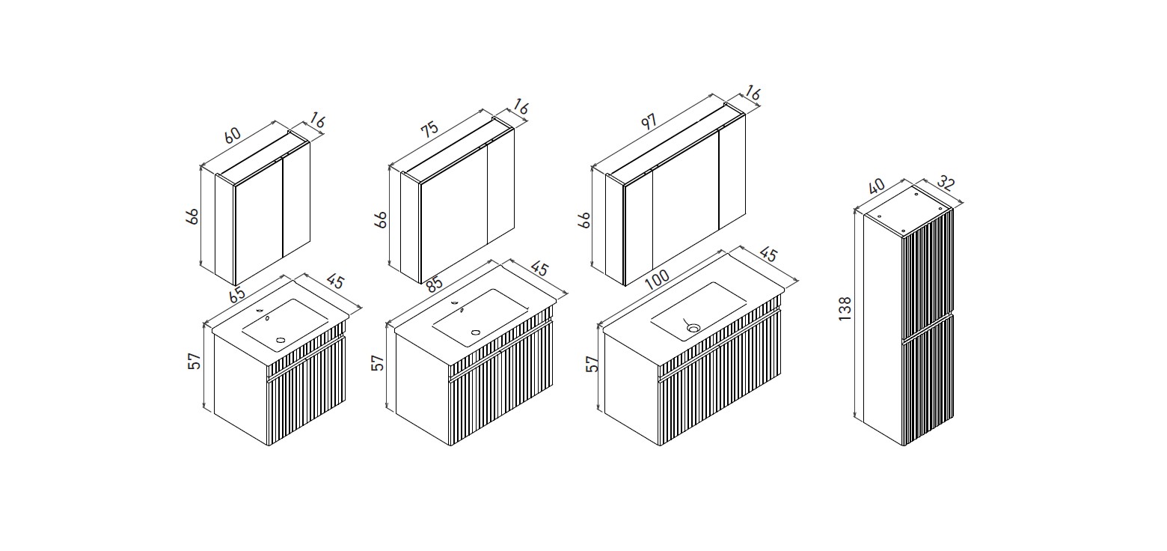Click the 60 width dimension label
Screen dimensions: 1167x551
[x=233, y=135]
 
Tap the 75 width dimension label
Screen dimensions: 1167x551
[x=430, y=130]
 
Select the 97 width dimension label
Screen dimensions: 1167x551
[x=649, y=121]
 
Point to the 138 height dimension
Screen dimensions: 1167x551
[x=845, y=308]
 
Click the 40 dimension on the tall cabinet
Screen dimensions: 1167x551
[x=877, y=186]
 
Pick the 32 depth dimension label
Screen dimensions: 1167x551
[x=946, y=182]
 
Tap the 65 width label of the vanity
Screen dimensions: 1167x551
[x=237, y=294]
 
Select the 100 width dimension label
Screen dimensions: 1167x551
[x=657, y=280]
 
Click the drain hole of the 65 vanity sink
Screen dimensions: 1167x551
[x=281, y=341]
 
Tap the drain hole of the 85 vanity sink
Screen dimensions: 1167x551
[x=476, y=332]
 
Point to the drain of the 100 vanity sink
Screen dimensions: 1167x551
[x=693, y=328]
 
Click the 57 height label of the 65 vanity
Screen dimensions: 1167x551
[x=194, y=362]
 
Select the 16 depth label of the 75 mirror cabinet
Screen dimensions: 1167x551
[x=521, y=107]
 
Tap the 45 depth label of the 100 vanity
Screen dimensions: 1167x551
[x=769, y=255]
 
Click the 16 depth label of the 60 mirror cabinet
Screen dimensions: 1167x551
[x=316, y=121]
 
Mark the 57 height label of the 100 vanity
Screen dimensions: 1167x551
[x=592, y=363]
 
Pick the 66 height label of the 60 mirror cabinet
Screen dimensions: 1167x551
[x=192, y=216]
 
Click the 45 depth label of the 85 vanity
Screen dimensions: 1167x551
[x=540, y=269]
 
